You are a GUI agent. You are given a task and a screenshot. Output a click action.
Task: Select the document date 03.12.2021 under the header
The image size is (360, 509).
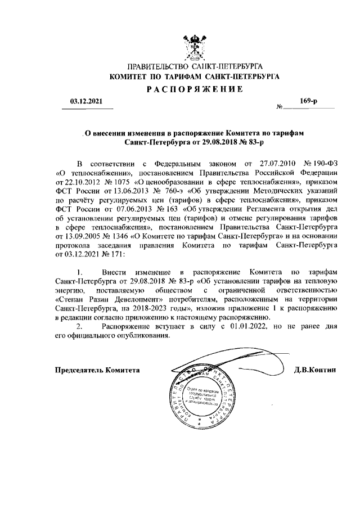pos(86,102)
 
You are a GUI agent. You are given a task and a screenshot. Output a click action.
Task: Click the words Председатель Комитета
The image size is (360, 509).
pos(97,370)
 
